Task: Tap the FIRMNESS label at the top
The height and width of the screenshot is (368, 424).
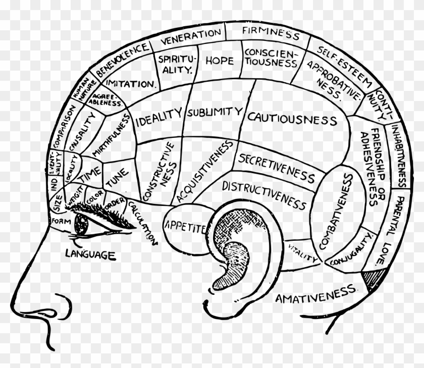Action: (271, 33)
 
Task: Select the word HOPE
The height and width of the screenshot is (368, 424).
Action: (219, 61)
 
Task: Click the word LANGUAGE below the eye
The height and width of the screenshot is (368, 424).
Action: (90, 254)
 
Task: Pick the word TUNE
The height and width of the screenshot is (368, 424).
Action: (117, 173)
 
